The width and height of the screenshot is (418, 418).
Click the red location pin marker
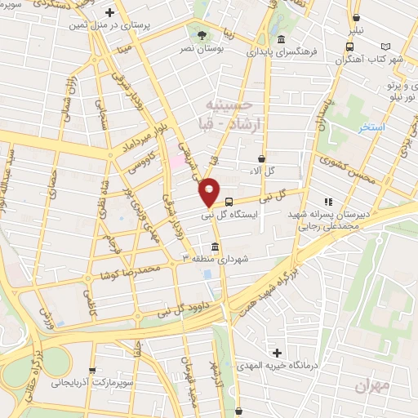pos(209,192)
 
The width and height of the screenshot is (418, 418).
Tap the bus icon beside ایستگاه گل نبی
pos(229,201)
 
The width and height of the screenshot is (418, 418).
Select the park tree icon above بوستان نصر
pos(201,34)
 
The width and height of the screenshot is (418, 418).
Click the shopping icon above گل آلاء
pos(261,159)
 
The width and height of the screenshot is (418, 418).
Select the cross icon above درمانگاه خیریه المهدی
pos(278,353)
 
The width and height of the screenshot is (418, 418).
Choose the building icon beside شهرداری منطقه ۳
pos(215,247)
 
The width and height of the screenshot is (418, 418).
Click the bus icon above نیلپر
pos(356,18)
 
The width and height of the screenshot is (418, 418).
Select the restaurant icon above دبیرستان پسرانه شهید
pos(328,201)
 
